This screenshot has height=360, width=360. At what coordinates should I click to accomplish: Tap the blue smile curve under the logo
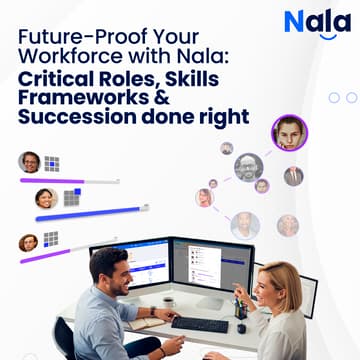[x=325, y=38]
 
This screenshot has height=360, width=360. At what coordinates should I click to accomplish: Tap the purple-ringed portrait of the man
[x=289, y=133]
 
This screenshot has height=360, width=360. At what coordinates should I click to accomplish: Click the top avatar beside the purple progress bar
[x=30, y=162]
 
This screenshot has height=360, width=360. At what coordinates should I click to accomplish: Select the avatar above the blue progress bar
[x=46, y=198]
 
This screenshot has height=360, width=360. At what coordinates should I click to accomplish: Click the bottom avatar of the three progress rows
[x=29, y=242]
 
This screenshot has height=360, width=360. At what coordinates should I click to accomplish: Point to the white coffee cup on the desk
[x=169, y=303]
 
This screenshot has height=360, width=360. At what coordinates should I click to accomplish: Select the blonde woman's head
[x=277, y=282]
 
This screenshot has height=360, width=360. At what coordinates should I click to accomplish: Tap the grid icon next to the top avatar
[x=52, y=163]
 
